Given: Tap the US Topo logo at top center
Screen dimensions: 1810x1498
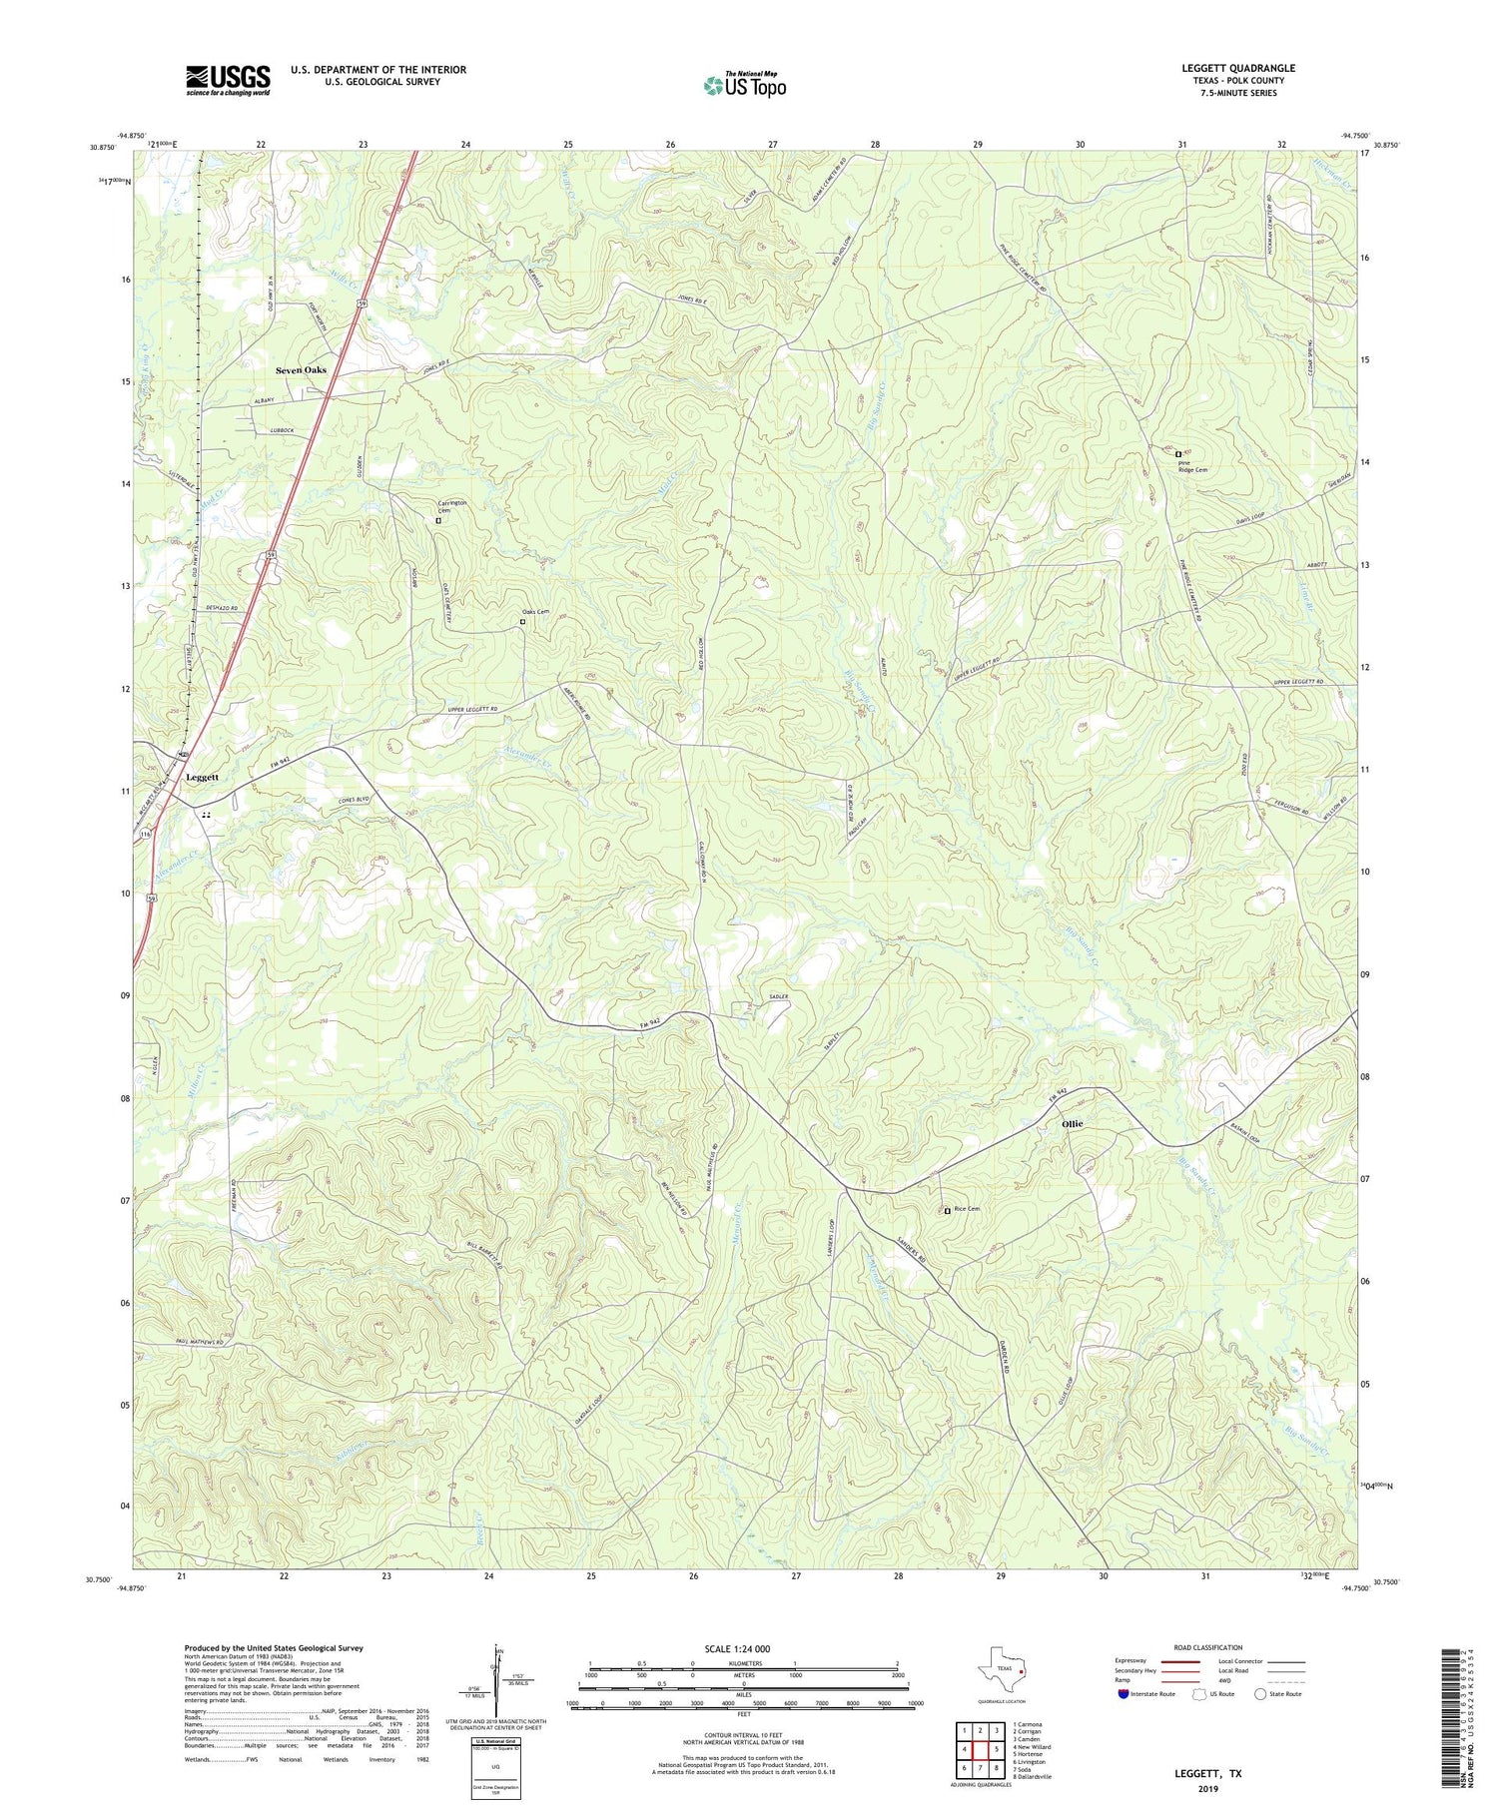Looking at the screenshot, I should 744,85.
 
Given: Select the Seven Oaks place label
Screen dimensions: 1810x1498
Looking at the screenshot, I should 301,369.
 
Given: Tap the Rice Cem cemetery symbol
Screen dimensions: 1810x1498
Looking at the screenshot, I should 947,1211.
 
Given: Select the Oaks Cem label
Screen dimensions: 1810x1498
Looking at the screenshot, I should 536,612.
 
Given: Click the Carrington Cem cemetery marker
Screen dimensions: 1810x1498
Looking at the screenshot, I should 437,520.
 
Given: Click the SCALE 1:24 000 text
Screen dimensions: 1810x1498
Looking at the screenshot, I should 743,1648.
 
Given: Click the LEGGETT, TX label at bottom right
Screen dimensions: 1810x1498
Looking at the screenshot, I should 1207,1774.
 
